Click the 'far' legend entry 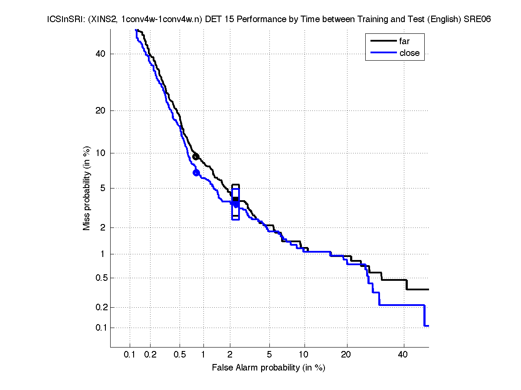(404, 41)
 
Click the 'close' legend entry (409, 53)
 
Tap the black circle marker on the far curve (196, 156)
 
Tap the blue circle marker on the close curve (196, 172)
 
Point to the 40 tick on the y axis (101, 54)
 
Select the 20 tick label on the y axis (101, 110)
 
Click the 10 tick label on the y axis (101, 153)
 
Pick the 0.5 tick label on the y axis (99, 278)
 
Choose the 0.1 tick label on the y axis (99, 328)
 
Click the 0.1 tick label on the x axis (130, 355)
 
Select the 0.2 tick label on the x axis (150, 355)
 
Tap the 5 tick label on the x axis (269, 355)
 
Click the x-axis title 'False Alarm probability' (269, 368)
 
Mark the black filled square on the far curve (236, 199)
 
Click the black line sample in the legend (383, 41)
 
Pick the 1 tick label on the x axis (203, 355)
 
